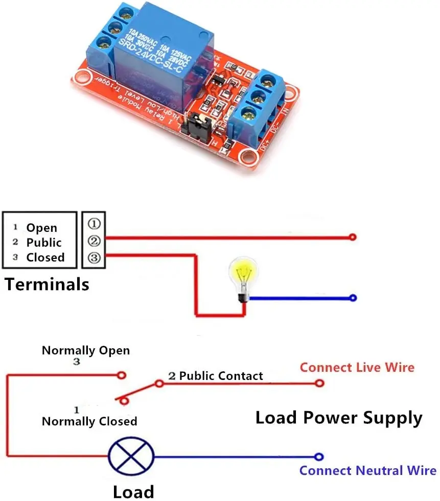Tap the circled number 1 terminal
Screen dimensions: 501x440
coord(94,224)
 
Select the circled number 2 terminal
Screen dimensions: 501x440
coord(94,241)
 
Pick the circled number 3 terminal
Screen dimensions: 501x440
coord(94,258)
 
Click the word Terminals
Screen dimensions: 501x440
coord(47,284)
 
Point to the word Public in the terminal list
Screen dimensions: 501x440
coord(44,243)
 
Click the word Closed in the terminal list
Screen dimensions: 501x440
coord(45,257)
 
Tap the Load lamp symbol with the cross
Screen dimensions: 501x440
coord(131,456)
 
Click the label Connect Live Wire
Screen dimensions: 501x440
coord(357,367)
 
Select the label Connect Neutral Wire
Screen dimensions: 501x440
coord(367,470)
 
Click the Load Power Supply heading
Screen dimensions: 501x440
coord(339,417)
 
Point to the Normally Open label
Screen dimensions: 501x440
coord(85,351)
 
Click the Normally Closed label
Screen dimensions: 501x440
coord(89,421)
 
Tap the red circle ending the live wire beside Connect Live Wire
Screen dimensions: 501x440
coord(319,383)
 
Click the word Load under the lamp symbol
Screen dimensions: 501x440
coord(133,492)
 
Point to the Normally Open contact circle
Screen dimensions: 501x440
coord(122,375)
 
